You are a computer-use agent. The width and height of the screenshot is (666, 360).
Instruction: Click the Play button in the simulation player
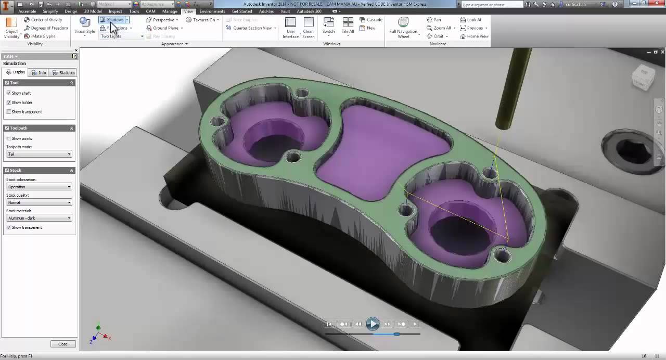[373, 324]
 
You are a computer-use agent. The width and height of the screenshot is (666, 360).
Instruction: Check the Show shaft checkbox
[9, 93]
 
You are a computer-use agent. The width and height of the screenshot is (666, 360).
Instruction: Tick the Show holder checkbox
[9, 102]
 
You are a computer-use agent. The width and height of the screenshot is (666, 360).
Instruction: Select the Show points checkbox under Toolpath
[9, 138]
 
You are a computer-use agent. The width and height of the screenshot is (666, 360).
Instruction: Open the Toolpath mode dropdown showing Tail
[39, 154]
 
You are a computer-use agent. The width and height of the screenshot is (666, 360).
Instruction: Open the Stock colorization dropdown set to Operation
[39, 187]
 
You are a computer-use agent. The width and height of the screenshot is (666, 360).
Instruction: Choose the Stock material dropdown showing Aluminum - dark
[39, 218]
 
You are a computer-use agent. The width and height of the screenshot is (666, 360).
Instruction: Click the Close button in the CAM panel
[63, 344]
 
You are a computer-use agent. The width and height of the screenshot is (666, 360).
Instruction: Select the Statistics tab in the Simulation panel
[64, 73]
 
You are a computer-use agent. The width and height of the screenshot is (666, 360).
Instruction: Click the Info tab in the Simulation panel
[39, 73]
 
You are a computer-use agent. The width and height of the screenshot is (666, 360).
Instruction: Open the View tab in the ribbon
[188, 11]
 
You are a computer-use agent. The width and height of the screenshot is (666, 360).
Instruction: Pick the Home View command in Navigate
[475, 36]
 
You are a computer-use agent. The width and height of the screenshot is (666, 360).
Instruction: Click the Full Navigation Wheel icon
[403, 22]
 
